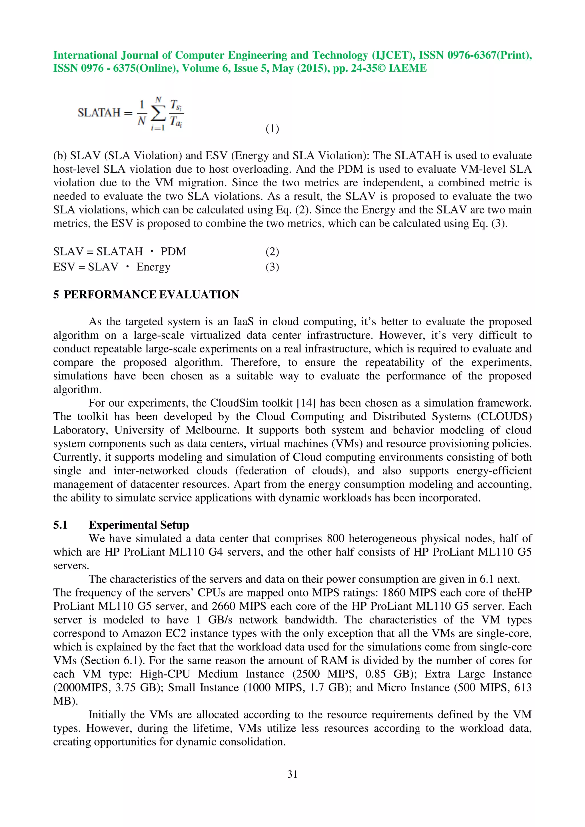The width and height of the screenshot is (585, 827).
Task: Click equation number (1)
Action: [272, 129]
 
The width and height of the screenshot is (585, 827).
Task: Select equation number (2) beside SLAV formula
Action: [272, 251]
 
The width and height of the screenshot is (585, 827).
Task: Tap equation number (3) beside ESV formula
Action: [272, 267]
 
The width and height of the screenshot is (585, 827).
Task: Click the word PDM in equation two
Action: [173, 251]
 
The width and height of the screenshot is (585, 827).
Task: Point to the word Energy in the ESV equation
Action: [153, 267]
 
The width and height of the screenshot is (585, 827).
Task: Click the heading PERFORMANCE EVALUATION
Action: [151, 295]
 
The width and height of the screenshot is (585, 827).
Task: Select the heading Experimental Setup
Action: [139, 525]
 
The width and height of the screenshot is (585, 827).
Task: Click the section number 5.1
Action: [61, 525]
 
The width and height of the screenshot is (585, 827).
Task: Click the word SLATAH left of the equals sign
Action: [99, 113]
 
